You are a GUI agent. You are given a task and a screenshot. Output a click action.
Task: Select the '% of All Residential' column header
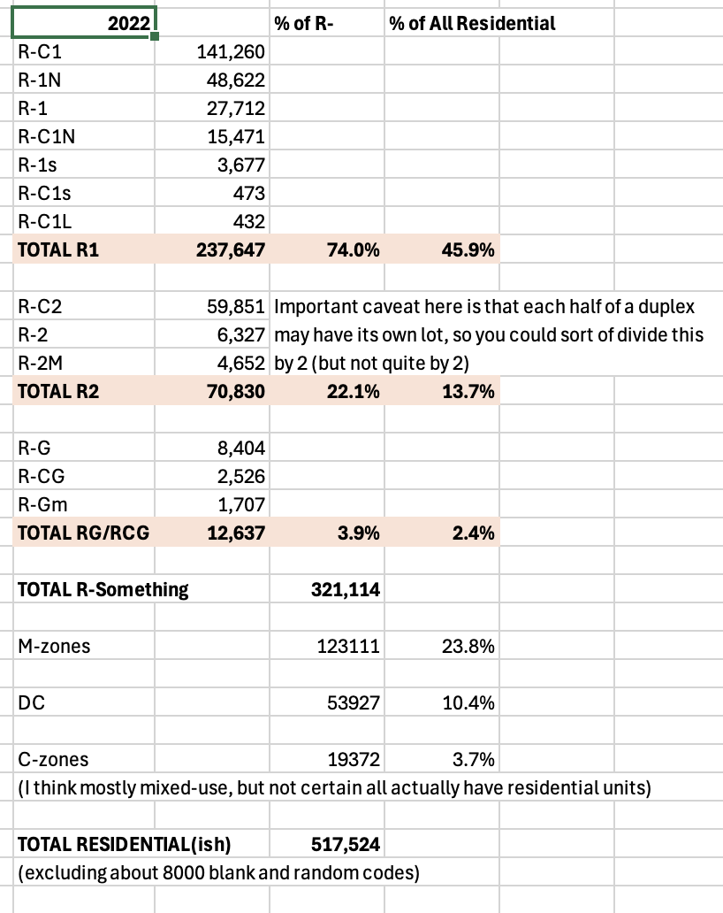(x=472, y=24)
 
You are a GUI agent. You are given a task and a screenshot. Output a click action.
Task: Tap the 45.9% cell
(x=468, y=250)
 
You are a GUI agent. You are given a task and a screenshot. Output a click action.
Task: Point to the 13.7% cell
(x=468, y=392)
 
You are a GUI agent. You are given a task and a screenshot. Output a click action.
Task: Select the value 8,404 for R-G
(x=240, y=449)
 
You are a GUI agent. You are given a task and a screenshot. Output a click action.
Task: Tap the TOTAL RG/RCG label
(x=84, y=533)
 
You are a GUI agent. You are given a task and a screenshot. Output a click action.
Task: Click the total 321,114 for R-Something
(x=346, y=589)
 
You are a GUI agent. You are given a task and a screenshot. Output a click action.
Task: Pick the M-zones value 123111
(x=348, y=647)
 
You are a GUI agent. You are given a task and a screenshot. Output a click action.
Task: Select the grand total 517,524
(x=346, y=845)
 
